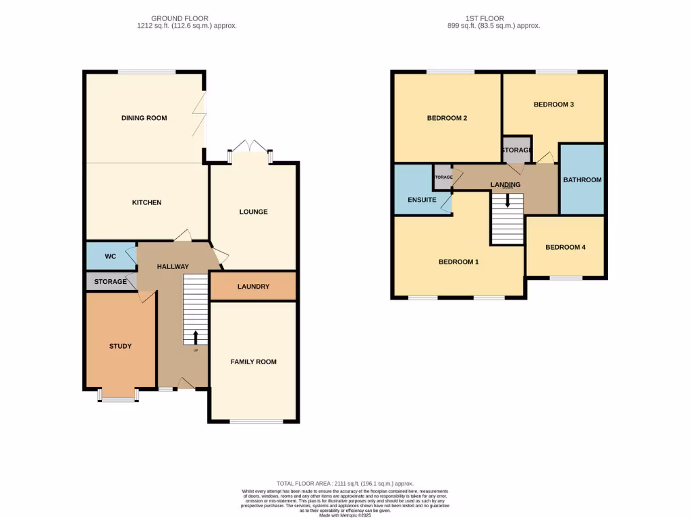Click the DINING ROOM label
(x=144, y=118)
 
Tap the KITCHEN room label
(x=146, y=202)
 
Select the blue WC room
(x=111, y=256)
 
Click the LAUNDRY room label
(x=253, y=287)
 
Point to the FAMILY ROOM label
(x=253, y=362)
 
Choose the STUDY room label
(x=120, y=346)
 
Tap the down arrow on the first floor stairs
(x=507, y=200)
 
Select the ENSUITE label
(x=422, y=200)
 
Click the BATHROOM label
(x=582, y=180)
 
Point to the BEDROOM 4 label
(x=565, y=248)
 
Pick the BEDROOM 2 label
(x=447, y=118)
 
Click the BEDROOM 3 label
(x=553, y=105)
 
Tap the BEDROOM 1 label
(x=458, y=262)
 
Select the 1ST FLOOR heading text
(x=485, y=18)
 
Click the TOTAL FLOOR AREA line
(x=345, y=484)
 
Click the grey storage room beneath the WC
(x=111, y=281)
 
